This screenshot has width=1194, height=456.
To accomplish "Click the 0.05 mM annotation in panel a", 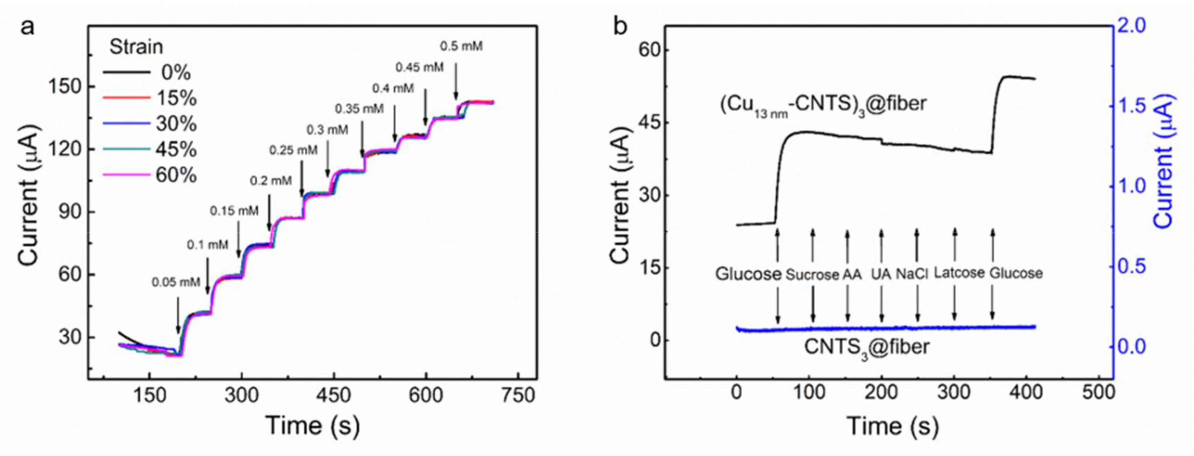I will (x=176, y=282).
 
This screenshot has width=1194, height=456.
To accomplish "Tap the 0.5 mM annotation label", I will (x=461, y=46).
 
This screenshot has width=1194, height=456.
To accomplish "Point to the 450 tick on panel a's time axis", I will (x=333, y=395).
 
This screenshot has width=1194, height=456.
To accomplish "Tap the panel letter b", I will (x=620, y=27).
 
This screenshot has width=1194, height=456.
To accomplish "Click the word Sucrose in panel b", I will (x=812, y=275).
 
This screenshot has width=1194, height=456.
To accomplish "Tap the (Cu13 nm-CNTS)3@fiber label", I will (x=823, y=104).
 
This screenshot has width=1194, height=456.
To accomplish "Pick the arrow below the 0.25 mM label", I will (x=302, y=178).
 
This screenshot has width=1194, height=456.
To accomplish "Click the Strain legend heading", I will (x=136, y=47).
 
